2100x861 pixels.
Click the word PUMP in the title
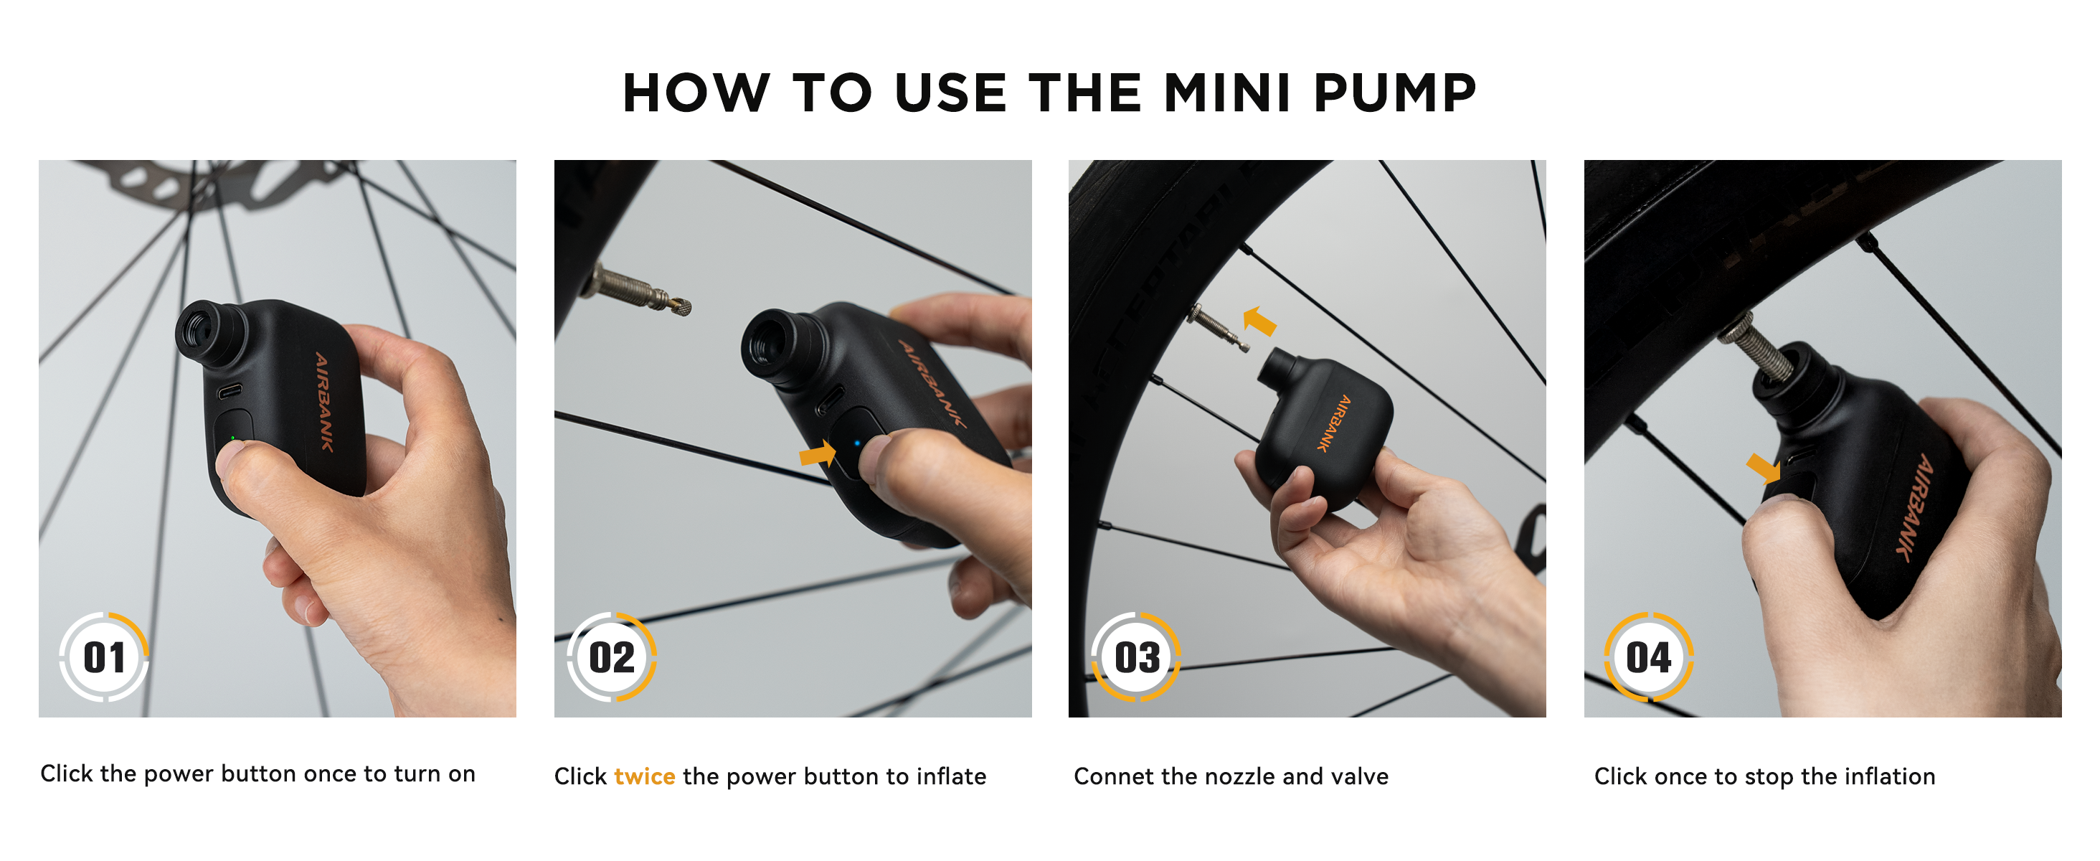coord(1395,93)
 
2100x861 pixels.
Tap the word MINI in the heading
coord(1228,93)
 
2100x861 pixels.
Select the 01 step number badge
coord(104,657)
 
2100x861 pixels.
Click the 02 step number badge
coord(612,657)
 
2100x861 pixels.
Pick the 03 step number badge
coord(1136,657)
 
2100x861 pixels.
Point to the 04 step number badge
coord(1648,657)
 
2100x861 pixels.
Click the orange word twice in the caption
coord(644,776)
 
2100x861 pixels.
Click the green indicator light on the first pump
coord(232,438)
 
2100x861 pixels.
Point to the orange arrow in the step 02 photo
coord(818,453)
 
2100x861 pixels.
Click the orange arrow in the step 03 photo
coord(1259,321)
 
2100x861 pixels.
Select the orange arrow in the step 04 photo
coord(1764,469)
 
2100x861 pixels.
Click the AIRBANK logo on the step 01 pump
coord(324,401)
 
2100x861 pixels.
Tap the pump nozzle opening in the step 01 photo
coord(199,330)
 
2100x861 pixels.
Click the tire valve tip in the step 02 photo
coord(681,306)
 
